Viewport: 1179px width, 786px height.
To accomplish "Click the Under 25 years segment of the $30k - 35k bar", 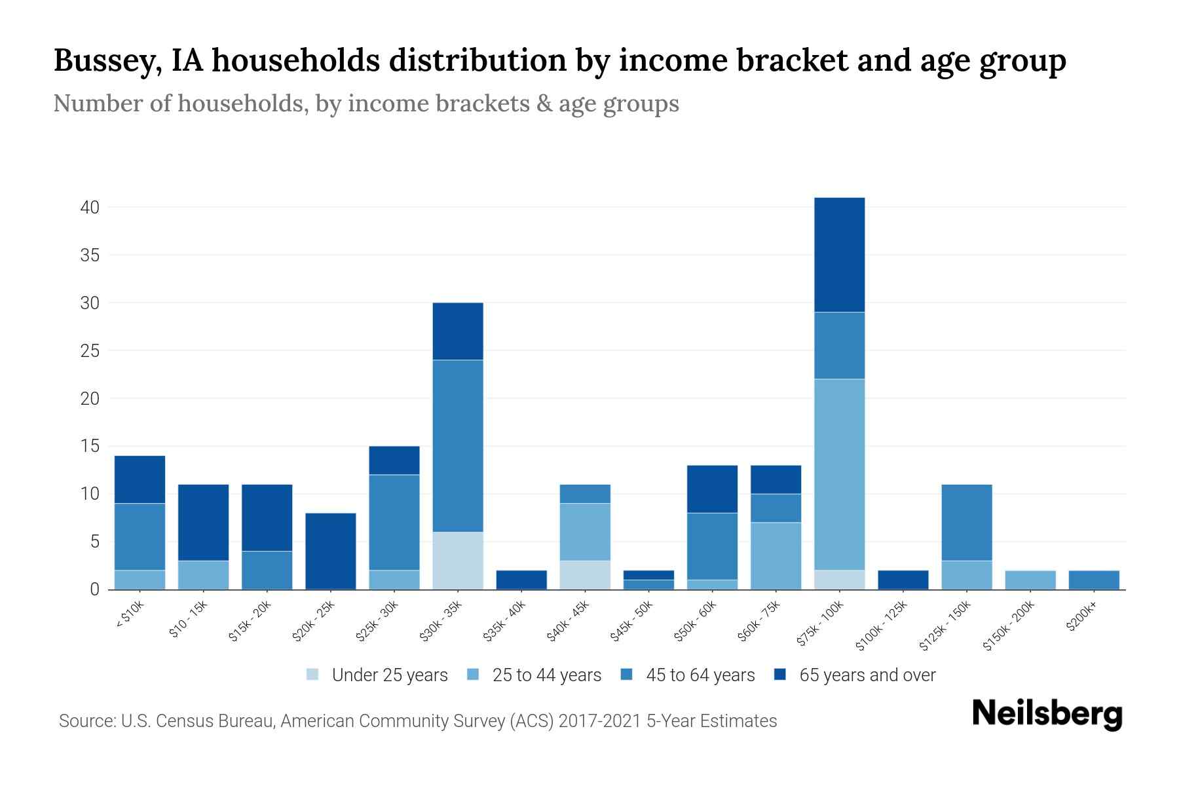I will tap(458, 560).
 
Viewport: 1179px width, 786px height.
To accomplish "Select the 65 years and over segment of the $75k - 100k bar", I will tap(839, 254).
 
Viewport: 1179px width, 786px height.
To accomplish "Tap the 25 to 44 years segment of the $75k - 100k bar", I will tap(839, 474).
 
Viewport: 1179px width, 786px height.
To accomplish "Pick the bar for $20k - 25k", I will tap(331, 551).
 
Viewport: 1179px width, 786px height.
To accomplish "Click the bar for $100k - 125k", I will tap(903, 580).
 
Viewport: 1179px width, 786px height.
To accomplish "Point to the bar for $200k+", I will tap(1093, 580).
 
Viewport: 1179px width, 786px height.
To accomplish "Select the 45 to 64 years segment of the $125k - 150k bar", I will tap(966, 522).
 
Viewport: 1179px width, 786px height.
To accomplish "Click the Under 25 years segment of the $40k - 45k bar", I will tap(585, 574).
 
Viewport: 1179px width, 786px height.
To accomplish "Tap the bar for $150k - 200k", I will tap(1030, 580).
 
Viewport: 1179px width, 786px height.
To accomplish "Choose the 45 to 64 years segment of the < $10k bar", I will tap(140, 536).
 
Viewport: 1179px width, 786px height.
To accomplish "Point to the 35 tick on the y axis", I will tap(90, 255).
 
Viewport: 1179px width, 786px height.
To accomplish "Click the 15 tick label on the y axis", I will tap(90, 446).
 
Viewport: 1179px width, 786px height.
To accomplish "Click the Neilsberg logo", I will tap(1047, 714).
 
